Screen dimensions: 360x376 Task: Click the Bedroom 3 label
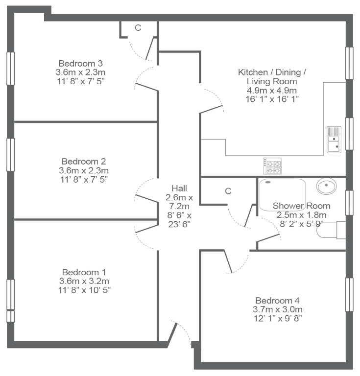tap(81, 64)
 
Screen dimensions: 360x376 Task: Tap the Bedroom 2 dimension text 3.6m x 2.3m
tap(84, 170)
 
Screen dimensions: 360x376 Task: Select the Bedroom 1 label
tap(84, 272)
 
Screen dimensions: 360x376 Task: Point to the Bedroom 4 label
tap(278, 301)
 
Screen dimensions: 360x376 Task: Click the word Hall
tap(179, 188)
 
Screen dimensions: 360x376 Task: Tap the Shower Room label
tap(302, 206)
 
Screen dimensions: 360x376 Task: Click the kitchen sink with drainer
tap(334, 140)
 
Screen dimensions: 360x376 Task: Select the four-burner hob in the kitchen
tap(272, 165)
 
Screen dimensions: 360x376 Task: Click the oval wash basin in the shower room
tap(326, 186)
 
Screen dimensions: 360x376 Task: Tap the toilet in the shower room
tap(331, 230)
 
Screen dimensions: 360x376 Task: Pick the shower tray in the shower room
tap(282, 195)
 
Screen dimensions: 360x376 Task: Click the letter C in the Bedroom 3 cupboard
tap(138, 28)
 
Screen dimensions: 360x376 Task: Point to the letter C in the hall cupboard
tap(228, 191)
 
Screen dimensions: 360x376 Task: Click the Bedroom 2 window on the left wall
tap(11, 155)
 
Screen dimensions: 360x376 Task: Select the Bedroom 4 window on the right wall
tap(349, 294)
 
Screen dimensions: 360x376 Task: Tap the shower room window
tap(349, 203)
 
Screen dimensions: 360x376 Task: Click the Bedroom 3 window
tap(11, 69)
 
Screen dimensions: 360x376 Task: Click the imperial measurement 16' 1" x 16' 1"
tap(272, 99)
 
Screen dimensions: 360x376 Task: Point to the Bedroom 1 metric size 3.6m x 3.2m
tap(84, 281)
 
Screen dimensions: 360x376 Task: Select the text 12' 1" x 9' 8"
tap(278, 318)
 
